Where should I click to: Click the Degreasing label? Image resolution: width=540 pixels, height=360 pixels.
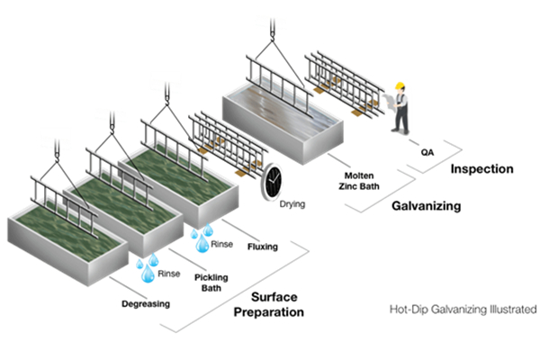coord(146,303)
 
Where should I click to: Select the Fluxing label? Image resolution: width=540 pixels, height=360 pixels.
coord(262,245)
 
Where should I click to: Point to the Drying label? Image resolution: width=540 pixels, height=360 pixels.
coord(292,204)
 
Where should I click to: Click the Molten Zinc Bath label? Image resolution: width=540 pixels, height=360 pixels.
coord(364,176)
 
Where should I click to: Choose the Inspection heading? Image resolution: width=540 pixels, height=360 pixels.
coord(481,168)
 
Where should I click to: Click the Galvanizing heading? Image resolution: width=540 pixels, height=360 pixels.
coord(427,206)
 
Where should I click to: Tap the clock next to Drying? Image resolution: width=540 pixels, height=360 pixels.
coord(271,183)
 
